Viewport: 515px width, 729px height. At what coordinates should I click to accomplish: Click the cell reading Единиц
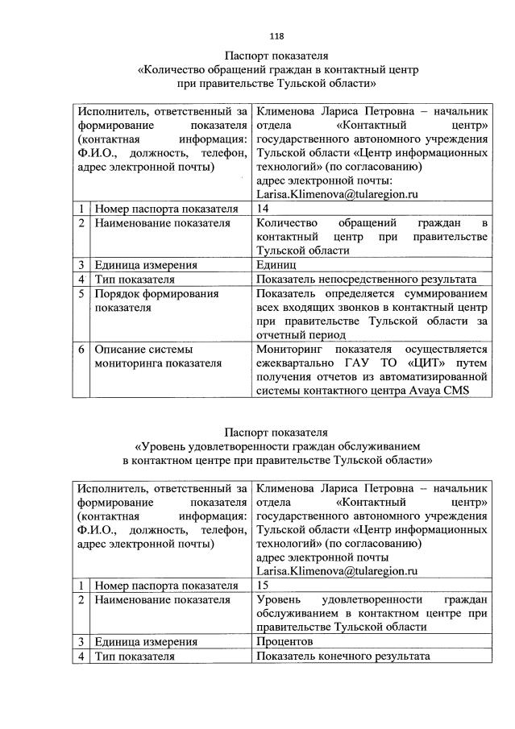276,264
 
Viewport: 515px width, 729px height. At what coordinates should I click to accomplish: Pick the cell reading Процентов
284,641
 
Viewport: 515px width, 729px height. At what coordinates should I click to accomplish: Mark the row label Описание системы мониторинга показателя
157,355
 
